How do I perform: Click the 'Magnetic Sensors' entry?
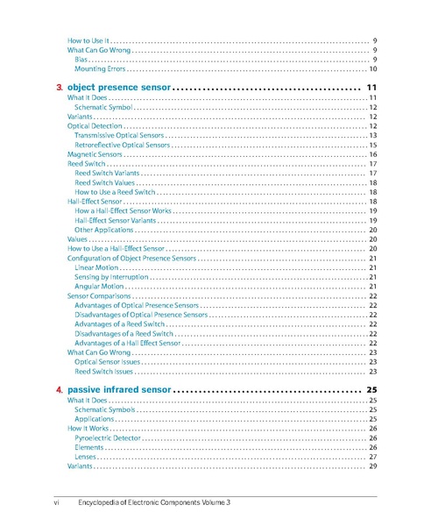tap(95, 155)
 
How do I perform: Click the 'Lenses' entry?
tap(86, 457)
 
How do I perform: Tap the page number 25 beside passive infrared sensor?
tap(371, 389)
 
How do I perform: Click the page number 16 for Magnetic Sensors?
tap(372, 155)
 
